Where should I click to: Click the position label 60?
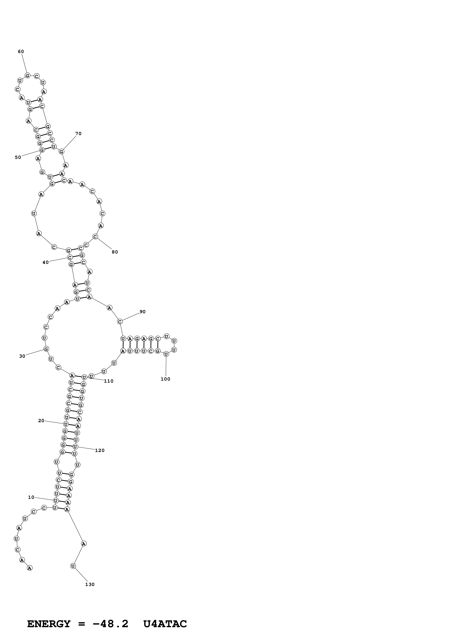click(x=21, y=51)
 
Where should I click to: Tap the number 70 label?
click(x=78, y=133)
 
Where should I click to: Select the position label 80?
click(x=115, y=252)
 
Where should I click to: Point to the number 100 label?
click(x=166, y=379)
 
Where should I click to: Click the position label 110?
click(x=109, y=381)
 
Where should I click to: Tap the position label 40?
click(x=45, y=262)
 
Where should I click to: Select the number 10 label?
click(x=31, y=497)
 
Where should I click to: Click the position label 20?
click(x=41, y=421)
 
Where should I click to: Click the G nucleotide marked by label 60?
click(x=27, y=75)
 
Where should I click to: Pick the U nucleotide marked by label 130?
click(x=73, y=566)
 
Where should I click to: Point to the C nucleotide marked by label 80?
click(x=95, y=237)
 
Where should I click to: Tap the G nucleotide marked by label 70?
click(x=62, y=151)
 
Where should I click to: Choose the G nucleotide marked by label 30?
click(x=46, y=349)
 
